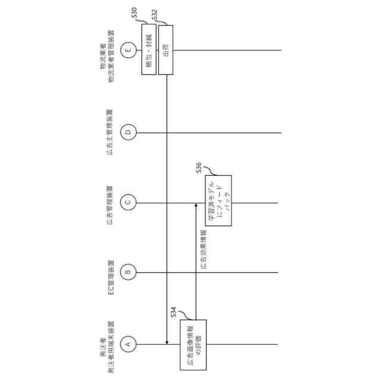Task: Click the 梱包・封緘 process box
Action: point(149,49)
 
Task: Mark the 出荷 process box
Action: point(165,49)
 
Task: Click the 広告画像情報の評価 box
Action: point(189,344)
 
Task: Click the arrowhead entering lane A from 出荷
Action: point(166,342)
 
